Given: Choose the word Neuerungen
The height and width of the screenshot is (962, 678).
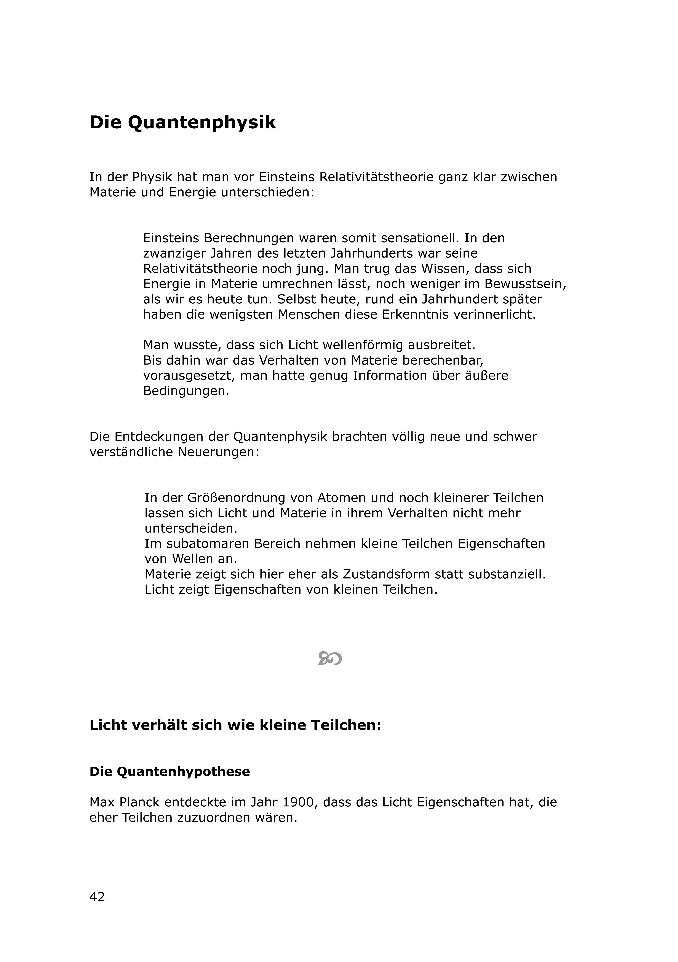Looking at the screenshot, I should [218, 453].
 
